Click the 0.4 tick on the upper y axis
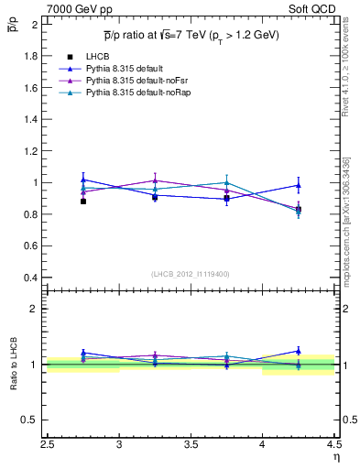click(x=30, y=278)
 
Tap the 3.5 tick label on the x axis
click(x=191, y=446)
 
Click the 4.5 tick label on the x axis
click(x=333, y=446)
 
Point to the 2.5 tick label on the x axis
click(x=49, y=446)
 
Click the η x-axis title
click(x=335, y=458)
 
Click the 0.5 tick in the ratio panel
click(x=30, y=420)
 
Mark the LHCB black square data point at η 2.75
click(x=83, y=201)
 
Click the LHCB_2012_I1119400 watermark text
click(x=191, y=274)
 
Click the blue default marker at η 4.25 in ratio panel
click(x=298, y=351)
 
